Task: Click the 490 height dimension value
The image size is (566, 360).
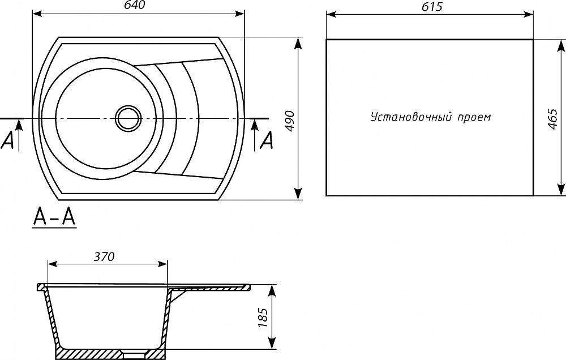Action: tap(290, 122)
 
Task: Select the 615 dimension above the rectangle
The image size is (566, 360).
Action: tap(432, 7)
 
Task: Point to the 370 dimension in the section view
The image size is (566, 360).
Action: tap(104, 256)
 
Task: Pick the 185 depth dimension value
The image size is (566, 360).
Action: tap(263, 318)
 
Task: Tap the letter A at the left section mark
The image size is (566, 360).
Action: tap(7, 140)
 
